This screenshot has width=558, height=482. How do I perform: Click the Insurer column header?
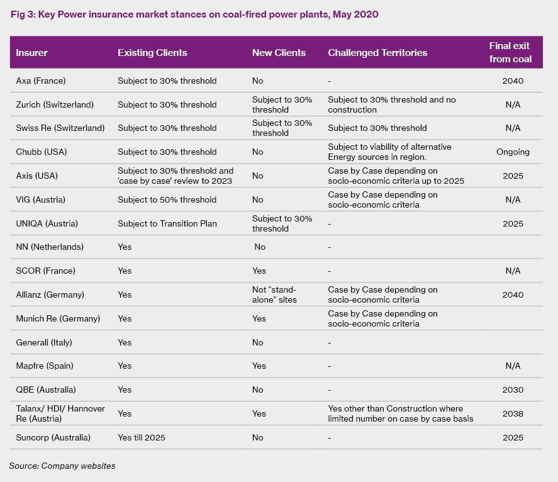click(x=31, y=53)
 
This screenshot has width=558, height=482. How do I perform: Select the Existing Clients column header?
click(x=152, y=53)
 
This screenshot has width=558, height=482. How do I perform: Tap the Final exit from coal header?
click(x=510, y=52)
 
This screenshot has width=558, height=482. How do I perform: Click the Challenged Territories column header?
click(x=377, y=53)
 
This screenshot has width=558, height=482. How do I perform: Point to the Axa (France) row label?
click(x=41, y=81)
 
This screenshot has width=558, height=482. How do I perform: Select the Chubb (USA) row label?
click(x=42, y=152)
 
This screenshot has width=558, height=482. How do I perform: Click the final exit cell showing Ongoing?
click(x=513, y=152)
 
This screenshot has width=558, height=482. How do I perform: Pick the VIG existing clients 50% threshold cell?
click(x=167, y=199)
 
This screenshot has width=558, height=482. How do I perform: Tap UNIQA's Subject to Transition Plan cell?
click(x=167, y=223)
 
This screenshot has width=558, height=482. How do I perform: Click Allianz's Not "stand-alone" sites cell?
click(x=274, y=294)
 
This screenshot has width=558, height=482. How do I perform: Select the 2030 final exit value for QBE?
click(x=513, y=390)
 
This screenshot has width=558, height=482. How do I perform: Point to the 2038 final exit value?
click(x=513, y=413)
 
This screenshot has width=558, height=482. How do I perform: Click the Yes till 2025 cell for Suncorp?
click(x=142, y=437)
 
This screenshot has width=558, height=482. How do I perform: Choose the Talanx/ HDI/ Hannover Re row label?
click(x=60, y=413)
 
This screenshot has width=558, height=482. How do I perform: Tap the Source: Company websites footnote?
click(x=62, y=466)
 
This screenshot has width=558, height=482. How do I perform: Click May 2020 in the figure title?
click(x=355, y=14)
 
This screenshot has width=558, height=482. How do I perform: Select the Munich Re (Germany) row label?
click(x=58, y=318)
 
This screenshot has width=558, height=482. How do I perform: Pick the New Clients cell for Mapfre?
click(x=259, y=366)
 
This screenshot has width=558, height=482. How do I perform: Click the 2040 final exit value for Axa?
click(x=513, y=81)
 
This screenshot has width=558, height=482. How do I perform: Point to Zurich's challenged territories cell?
click(x=392, y=104)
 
